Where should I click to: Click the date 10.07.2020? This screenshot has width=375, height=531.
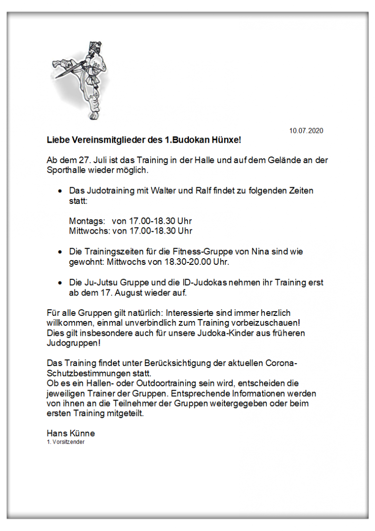[x=306, y=131]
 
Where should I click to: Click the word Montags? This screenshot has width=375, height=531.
[x=86, y=221]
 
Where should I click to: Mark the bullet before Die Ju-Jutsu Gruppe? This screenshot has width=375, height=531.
[x=60, y=283]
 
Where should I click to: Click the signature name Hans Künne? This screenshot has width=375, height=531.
[x=70, y=433]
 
